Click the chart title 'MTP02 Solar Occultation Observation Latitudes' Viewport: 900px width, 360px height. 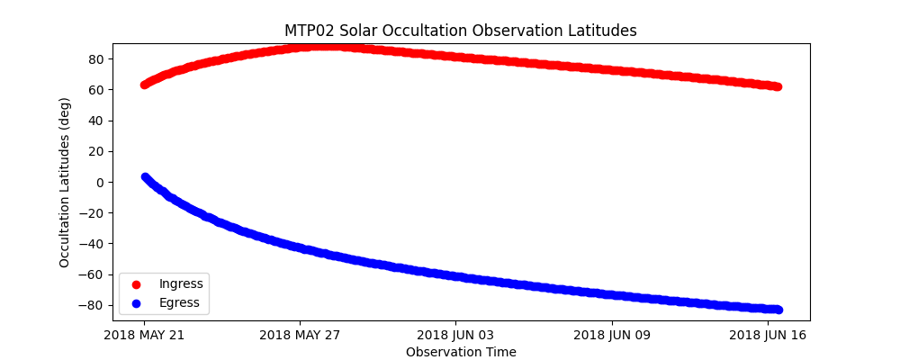click(x=461, y=31)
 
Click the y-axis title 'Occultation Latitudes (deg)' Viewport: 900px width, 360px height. click(x=65, y=182)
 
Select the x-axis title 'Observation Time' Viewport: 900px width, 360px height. click(x=461, y=352)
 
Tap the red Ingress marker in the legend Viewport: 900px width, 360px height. click(x=137, y=284)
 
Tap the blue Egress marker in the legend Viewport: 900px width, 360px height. click(x=137, y=303)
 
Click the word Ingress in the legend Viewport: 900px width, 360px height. click(x=181, y=284)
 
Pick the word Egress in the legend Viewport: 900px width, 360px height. click(x=179, y=303)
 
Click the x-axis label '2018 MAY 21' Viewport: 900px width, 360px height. click(x=144, y=336)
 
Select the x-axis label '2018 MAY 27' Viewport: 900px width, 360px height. click(x=300, y=336)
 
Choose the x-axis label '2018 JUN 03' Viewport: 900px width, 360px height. click(x=455, y=336)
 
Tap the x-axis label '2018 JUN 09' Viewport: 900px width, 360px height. click(x=612, y=336)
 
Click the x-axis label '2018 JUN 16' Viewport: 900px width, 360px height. click(x=768, y=336)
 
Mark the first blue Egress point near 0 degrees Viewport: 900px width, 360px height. click(x=145, y=177)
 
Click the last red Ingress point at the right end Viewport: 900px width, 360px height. click(x=778, y=86)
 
